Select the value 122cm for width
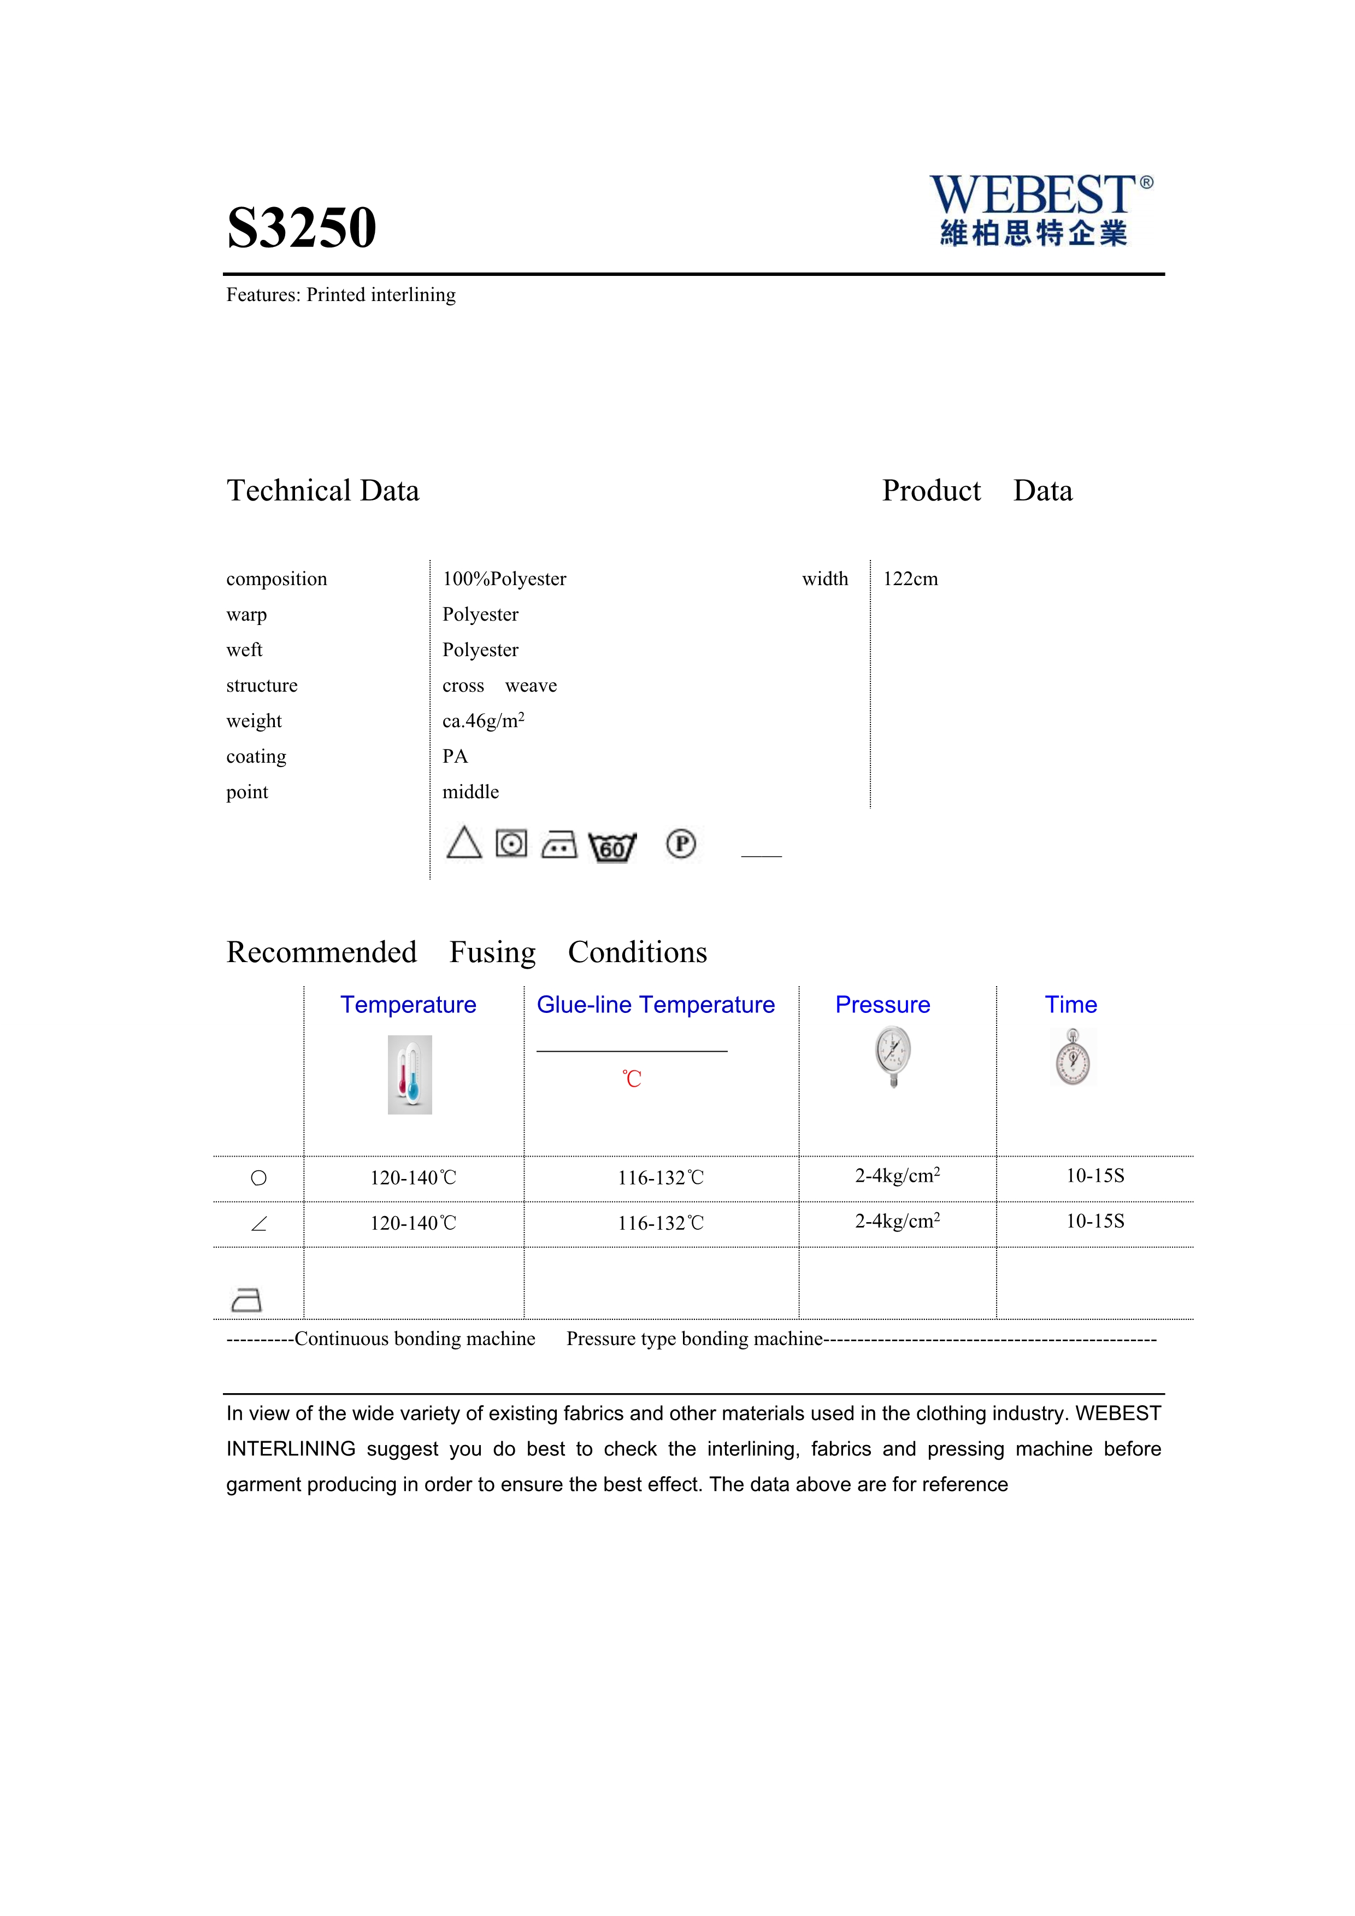click(x=910, y=579)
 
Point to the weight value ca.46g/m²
click(x=483, y=721)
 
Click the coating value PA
click(x=455, y=757)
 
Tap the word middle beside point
click(x=470, y=792)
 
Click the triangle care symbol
click(x=464, y=843)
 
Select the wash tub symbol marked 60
click(x=612, y=847)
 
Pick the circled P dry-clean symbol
click(x=681, y=845)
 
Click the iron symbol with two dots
click(x=559, y=845)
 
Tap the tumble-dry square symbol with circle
click(x=511, y=844)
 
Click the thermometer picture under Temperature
click(x=410, y=1075)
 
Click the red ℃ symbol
click(x=632, y=1079)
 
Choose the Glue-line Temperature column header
click(x=656, y=1005)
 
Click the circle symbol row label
click(x=258, y=1178)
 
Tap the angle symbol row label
click(x=258, y=1224)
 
